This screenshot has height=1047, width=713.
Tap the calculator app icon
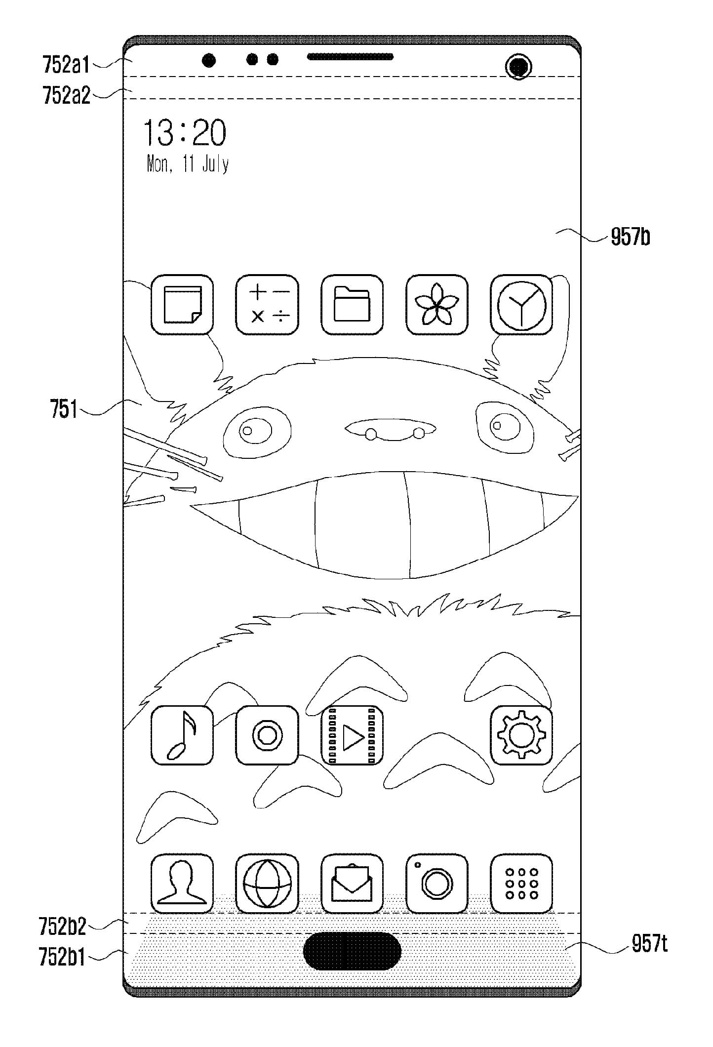(x=267, y=305)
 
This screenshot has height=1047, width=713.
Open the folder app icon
(x=352, y=305)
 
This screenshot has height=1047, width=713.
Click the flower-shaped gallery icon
(x=436, y=305)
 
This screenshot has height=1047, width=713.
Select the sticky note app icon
(x=182, y=305)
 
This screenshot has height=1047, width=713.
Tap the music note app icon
(x=182, y=735)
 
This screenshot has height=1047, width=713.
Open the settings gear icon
(x=521, y=735)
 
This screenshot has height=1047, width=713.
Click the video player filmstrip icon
(x=352, y=735)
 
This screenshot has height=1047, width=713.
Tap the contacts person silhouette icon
(x=182, y=884)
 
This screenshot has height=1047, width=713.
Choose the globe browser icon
(x=267, y=884)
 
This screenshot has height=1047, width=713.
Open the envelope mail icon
(x=352, y=884)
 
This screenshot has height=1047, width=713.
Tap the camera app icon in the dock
(x=436, y=884)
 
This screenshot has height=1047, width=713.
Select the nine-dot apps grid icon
(x=521, y=884)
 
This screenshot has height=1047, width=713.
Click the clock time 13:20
(x=185, y=133)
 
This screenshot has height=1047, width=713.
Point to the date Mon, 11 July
(x=188, y=164)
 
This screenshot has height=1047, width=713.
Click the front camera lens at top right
(x=518, y=66)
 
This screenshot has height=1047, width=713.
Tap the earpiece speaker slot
(x=350, y=57)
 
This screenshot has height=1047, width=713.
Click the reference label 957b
(x=630, y=238)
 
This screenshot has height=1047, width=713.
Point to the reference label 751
(x=64, y=409)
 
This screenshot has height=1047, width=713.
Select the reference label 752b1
(x=62, y=958)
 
